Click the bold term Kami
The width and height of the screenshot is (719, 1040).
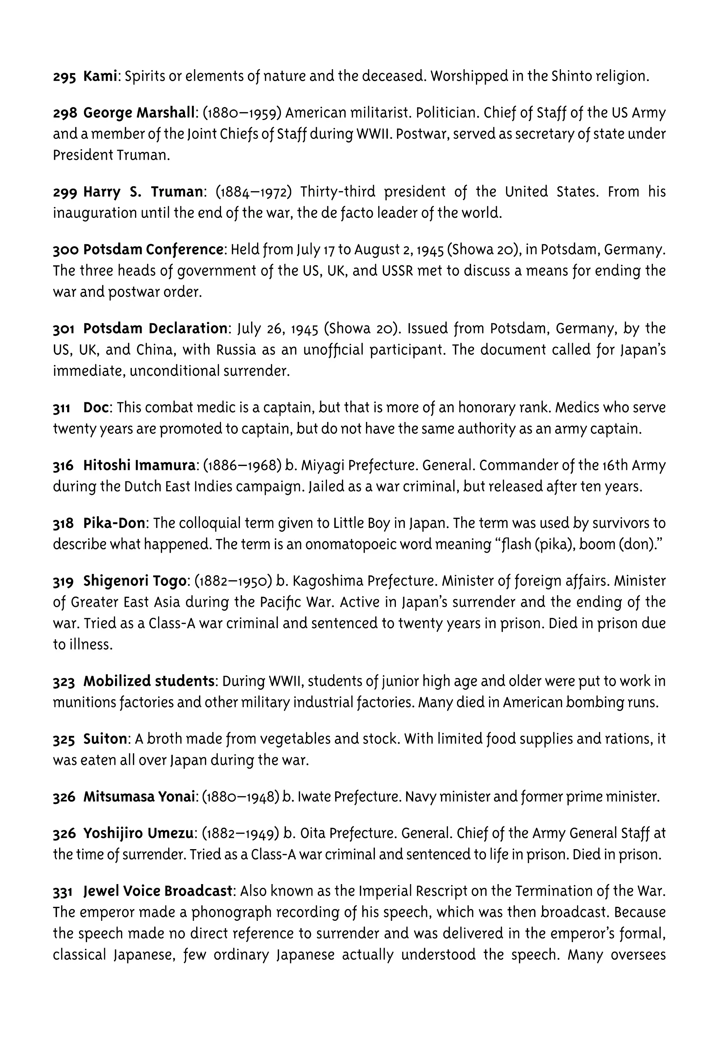pyautogui.click(x=100, y=76)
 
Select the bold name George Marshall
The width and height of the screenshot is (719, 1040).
pyautogui.click(x=139, y=113)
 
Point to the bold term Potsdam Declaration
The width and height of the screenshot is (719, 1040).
pyautogui.click(x=155, y=329)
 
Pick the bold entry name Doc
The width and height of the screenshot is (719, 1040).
pyautogui.click(x=96, y=408)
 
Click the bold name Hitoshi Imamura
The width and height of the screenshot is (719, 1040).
pyautogui.click(x=139, y=466)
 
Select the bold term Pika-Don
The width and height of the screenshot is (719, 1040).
pyautogui.click(x=114, y=523)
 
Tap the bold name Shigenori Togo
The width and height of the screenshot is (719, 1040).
pyautogui.click(x=134, y=581)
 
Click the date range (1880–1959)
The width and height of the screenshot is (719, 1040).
pyautogui.click(x=242, y=113)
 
